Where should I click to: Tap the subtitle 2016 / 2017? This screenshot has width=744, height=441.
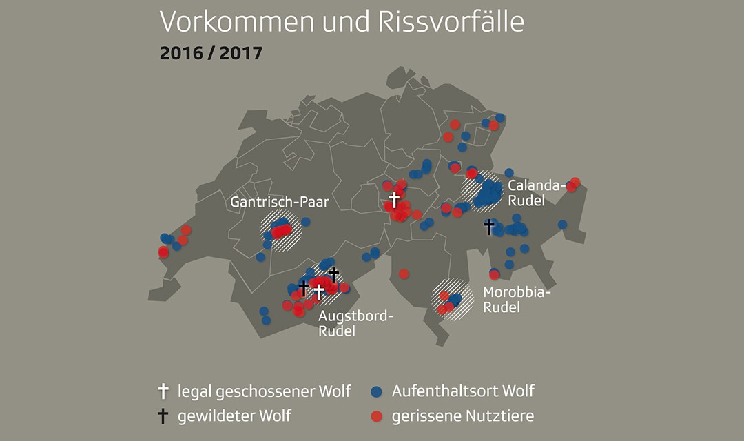pos(211,53)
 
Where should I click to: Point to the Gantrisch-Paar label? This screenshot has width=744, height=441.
pos(279,203)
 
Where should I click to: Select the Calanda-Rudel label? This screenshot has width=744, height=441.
pos(536,193)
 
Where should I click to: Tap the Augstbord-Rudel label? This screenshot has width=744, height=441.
pos(355,323)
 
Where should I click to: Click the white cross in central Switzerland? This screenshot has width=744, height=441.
pos(394,200)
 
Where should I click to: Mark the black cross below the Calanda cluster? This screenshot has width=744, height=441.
pos(489,226)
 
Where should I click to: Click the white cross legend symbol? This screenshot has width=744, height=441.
pos(163,391)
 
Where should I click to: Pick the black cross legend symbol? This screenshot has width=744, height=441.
pos(163,416)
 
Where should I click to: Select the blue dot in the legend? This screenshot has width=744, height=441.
pos(376,391)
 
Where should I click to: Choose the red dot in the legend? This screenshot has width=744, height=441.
pos(376,416)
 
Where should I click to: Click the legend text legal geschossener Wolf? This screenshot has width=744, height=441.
pos(264,392)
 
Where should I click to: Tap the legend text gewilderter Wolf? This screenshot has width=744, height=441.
pos(234,416)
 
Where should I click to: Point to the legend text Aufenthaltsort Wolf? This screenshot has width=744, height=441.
pos(463,391)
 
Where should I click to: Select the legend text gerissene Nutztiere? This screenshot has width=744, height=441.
pos(463,416)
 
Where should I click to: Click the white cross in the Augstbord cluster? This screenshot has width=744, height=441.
pos(318,291)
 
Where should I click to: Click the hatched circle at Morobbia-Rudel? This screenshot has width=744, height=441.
pos(453,298)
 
